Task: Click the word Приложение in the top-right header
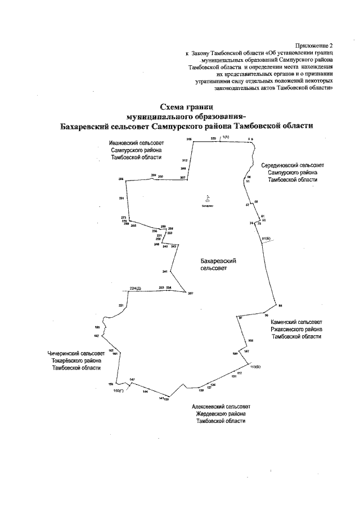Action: (x=313, y=45)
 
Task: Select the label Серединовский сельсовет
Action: (x=292, y=165)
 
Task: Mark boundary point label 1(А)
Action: (x=226, y=137)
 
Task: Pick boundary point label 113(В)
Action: (x=255, y=366)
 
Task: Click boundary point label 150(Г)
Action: (x=118, y=390)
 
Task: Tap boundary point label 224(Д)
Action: (x=135, y=288)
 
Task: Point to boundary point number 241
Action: (x=165, y=272)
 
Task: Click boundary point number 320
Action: (x=213, y=138)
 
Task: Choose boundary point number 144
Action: (x=145, y=391)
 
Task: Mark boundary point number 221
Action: (x=120, y=305)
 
